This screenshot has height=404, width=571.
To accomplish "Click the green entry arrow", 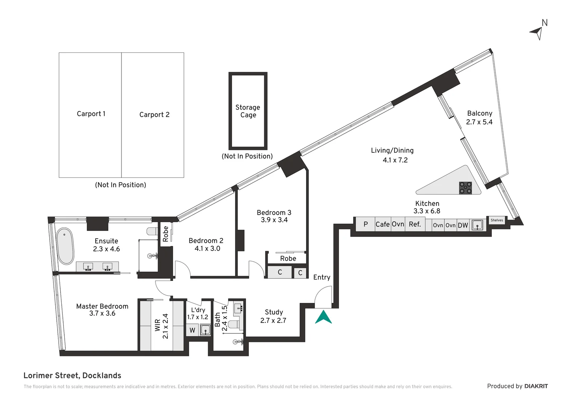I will click(x=323, y=317).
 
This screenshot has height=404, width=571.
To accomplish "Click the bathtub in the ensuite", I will click(x=65, y=246).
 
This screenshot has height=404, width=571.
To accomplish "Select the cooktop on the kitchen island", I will click(x=465, y=188).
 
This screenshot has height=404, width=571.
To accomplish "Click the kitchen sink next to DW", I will click(x=477, y=225).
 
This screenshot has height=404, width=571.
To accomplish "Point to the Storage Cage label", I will click(x=248, y=111).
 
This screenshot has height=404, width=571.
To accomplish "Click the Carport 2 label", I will click(x=154, y=114).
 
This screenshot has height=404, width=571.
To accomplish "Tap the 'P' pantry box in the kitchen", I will click(x=365, y=224).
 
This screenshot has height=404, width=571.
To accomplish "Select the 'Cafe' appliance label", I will click(x=383, y=224).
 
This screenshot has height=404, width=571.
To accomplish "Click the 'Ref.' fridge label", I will click(x=415, y=224).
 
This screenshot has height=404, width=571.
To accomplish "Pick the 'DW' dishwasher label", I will click(x=463, y=225).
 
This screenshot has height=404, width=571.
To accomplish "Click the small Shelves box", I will click(x=497, y=220).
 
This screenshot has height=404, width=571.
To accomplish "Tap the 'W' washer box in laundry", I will click(x=192, y=330).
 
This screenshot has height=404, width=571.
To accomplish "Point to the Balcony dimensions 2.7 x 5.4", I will click(x=479, y=122).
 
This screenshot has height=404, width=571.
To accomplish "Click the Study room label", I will click(x=274, y=312).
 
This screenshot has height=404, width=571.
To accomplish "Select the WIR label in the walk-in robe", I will click(x=157, y=325).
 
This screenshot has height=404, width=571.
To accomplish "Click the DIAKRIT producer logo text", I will click(x=536, y=386).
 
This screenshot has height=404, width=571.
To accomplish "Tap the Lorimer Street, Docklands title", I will click(x=72, y=376).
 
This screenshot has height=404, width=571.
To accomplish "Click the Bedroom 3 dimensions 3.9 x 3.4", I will click(x=274, y=220).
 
